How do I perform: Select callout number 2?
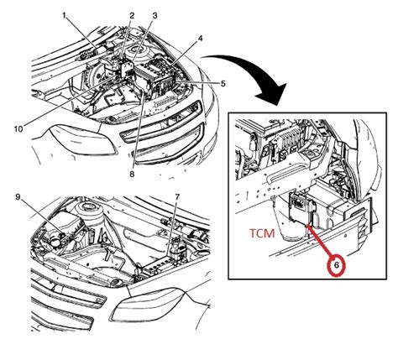[x=131, y=16]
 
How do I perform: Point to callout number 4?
[x=200, y=39]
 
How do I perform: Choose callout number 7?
[x=176, y=196]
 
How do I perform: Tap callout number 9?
[x=17, y=197]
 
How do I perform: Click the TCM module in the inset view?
[x=301, y=206]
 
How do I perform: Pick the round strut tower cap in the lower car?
[x=86, y=207]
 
